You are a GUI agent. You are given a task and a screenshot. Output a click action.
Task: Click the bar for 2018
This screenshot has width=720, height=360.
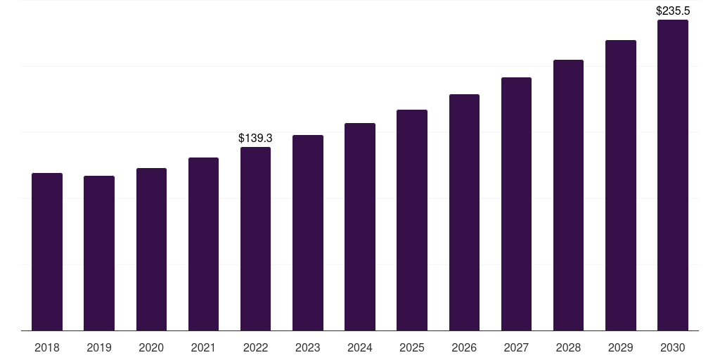pos(47,252)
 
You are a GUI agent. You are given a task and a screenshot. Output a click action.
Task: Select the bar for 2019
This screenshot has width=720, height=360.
pos(99,253)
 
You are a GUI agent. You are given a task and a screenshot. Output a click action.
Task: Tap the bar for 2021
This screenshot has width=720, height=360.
pos(203,244)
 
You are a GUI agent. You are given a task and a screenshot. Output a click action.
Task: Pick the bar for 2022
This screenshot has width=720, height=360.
pos(255,239)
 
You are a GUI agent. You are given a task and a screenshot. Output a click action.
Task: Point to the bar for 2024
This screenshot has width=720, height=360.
pos(360,227)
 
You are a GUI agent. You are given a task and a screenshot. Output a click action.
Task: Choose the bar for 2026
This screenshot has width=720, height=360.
pos(464,212)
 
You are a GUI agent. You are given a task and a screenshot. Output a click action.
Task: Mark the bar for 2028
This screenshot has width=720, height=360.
pos(568,195)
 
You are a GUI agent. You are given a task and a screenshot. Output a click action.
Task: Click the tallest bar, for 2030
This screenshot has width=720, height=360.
pos(673,175)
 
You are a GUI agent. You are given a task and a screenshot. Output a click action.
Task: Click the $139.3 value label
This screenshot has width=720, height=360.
pos(255,139)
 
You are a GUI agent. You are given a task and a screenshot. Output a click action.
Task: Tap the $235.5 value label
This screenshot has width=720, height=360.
pos(673,11)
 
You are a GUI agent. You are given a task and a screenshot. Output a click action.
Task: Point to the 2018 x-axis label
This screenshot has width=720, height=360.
pos(47,347)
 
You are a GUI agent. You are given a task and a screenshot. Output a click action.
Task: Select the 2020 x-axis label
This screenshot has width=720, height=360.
pos(151,347)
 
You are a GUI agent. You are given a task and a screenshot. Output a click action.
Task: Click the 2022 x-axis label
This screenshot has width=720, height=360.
pos(255,347)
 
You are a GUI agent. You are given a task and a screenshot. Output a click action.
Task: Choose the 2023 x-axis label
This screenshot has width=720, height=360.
pos(308,347)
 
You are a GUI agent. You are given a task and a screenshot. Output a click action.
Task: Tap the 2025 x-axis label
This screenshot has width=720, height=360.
pos(412,347)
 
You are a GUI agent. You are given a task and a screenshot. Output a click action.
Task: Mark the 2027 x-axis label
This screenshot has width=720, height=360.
pos(516,347)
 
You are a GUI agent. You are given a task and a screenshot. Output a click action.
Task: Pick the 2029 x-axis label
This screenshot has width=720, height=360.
pos(621,347)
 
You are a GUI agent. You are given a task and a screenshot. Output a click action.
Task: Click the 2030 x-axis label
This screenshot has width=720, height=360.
pos(673,347)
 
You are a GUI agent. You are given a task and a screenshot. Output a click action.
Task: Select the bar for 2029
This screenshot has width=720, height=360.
pos(621,186)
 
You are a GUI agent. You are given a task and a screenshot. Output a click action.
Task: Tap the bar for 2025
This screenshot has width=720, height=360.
pos(412,220)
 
